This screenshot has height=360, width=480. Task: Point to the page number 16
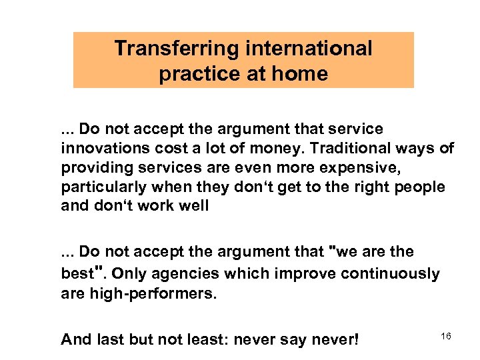[446, 337]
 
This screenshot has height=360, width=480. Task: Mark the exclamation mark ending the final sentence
[357, 339]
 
